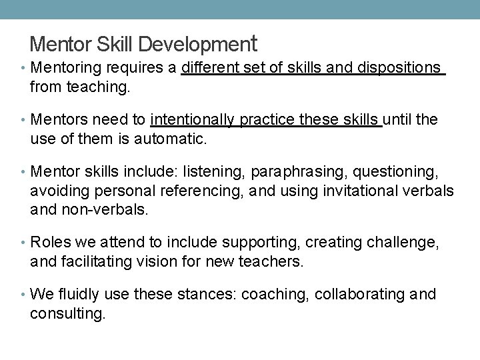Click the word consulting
coord(67,313)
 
